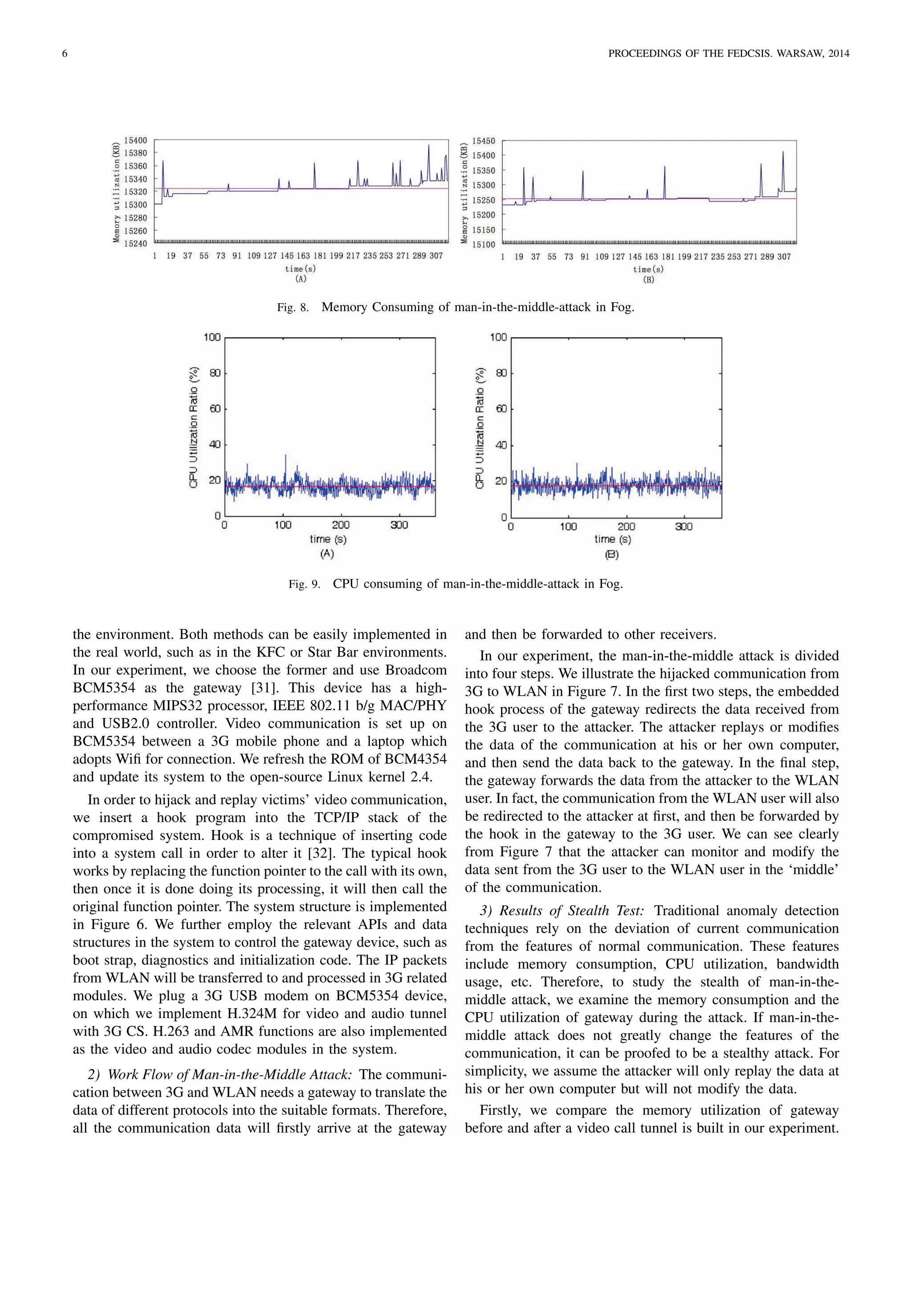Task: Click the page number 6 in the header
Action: [x=65, y=54]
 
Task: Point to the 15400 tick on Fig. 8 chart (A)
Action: [x=136, y=140]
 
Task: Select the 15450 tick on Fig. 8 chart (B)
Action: [x=484, y=141]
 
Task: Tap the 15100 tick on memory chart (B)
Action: [x=484, y=244]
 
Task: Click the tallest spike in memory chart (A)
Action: [x=428, y=146]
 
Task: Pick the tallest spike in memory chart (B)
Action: [x=783, y=152]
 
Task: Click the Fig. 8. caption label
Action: [x=293, y=308]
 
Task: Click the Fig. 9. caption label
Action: [x=304, y=584]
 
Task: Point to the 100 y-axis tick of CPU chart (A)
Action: [x=212, y=337]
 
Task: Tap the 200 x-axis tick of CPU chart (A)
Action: [x=340, y=525]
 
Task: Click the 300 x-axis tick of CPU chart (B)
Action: [x=684, y=527]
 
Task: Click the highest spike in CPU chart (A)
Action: [x=286, y=456]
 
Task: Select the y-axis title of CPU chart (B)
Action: [x=480, y=428]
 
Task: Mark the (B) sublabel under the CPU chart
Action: [x=611, y=555]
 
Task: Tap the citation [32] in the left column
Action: [x=320, y=853]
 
